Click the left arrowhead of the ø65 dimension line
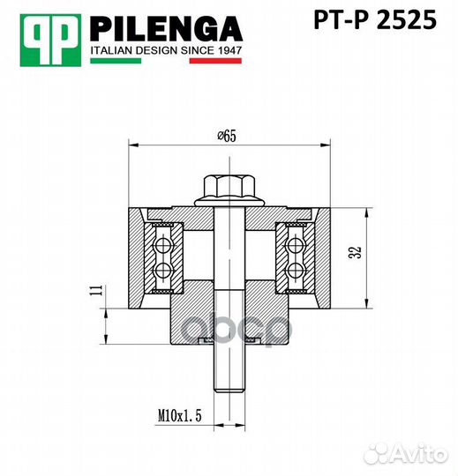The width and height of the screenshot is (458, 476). coord(133,143)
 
